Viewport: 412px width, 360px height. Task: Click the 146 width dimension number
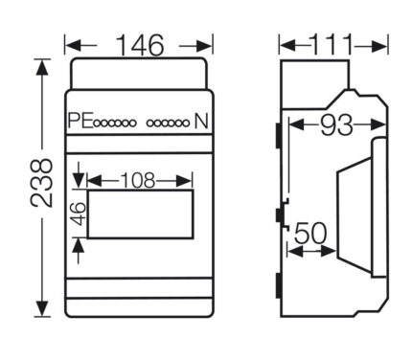[x=140, y=45]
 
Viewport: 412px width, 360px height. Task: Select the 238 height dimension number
[x=41, y=183]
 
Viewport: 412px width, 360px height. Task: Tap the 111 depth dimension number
[x=332, y=44]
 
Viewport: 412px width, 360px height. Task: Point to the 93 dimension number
[x=336, y=124]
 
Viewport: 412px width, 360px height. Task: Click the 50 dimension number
[x=310, y=234]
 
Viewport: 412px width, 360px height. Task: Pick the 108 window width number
[x=138, y=181]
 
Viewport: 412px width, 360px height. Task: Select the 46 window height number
[x=79, y=214]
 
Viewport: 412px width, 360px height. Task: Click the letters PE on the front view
[x=80, y=121]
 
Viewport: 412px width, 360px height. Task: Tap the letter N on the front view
[x=201, y=121]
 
